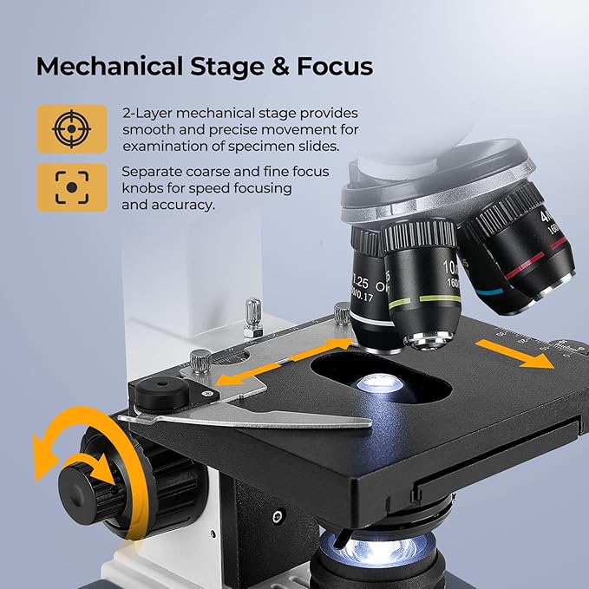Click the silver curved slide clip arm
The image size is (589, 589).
tap(260, 420)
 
